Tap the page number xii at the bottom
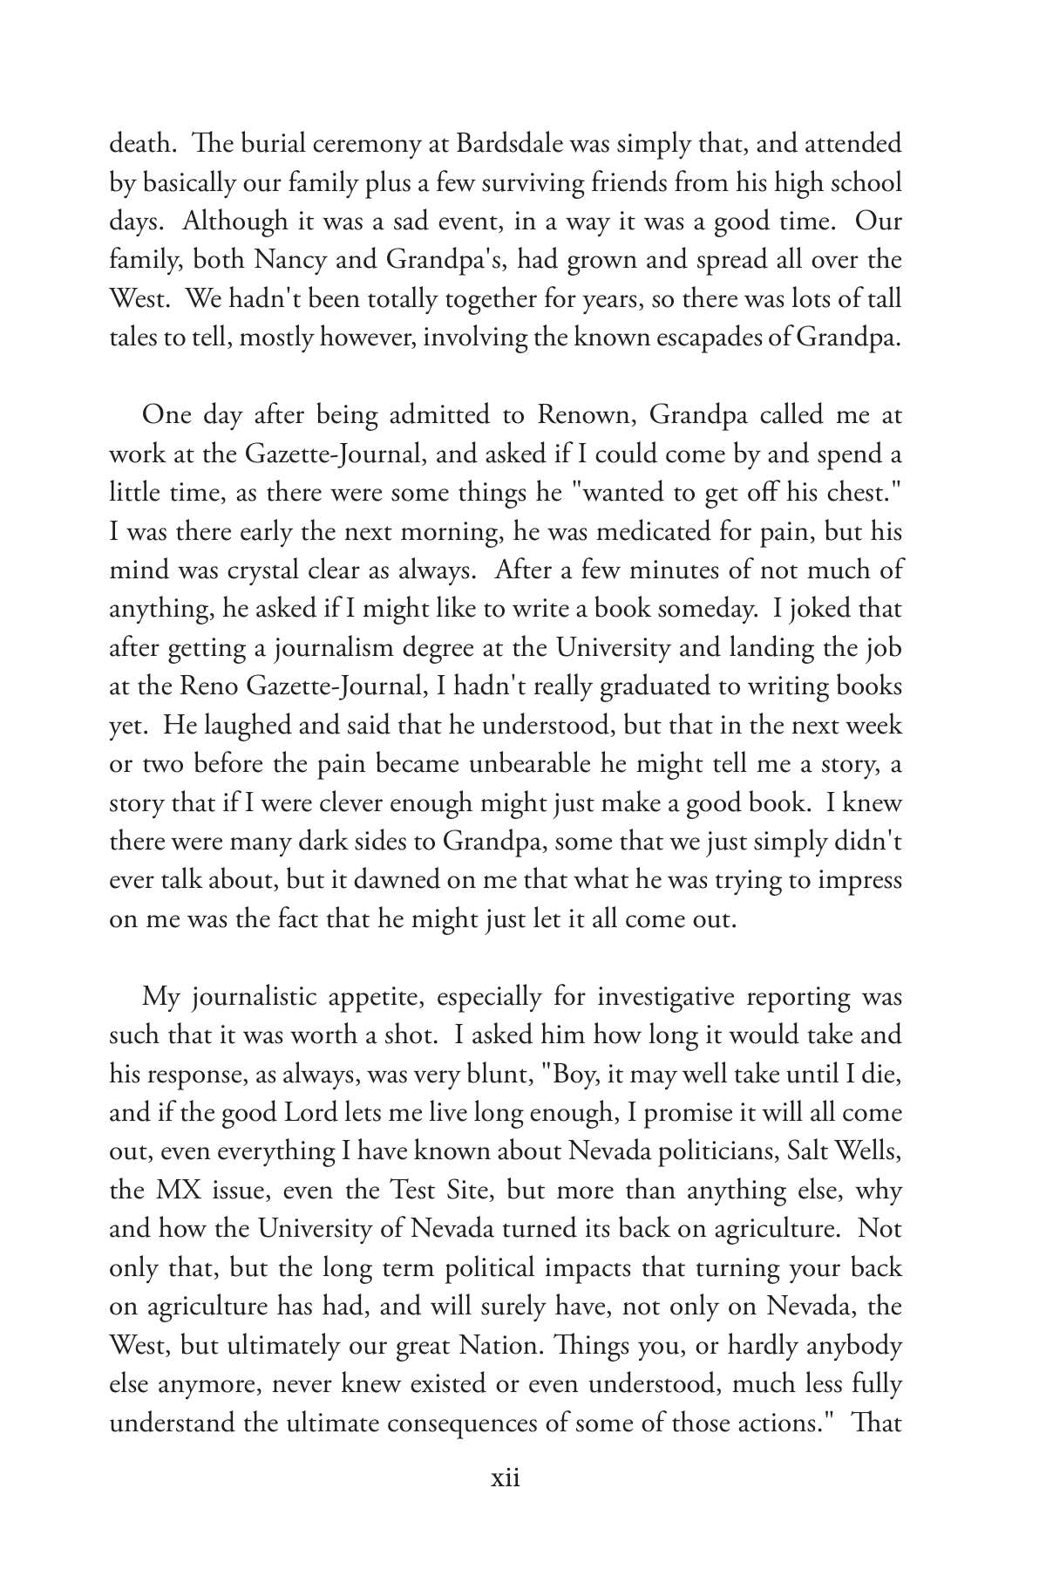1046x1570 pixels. click(506, 1478)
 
